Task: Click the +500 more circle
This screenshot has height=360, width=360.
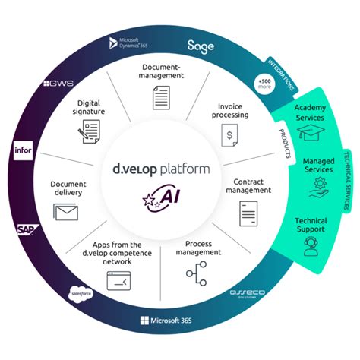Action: pos(264,84)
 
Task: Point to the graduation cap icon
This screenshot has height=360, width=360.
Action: pos(309,134)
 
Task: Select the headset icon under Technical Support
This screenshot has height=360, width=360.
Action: pos(310,247)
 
